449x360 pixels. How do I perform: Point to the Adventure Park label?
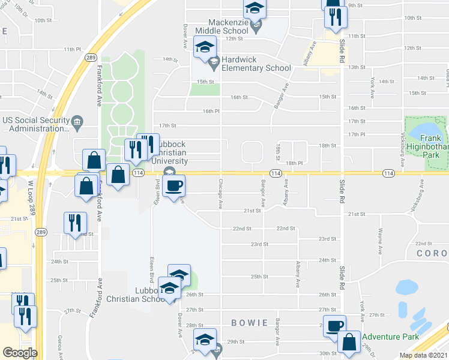coord(390,337)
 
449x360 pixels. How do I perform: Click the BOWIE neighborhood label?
coord(250,323)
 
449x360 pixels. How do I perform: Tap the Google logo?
coord(20,353)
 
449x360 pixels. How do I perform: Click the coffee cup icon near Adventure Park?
coord(334,325)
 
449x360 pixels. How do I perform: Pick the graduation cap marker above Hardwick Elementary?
coord(204,46)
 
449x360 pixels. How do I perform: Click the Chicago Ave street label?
coord(221,194)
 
